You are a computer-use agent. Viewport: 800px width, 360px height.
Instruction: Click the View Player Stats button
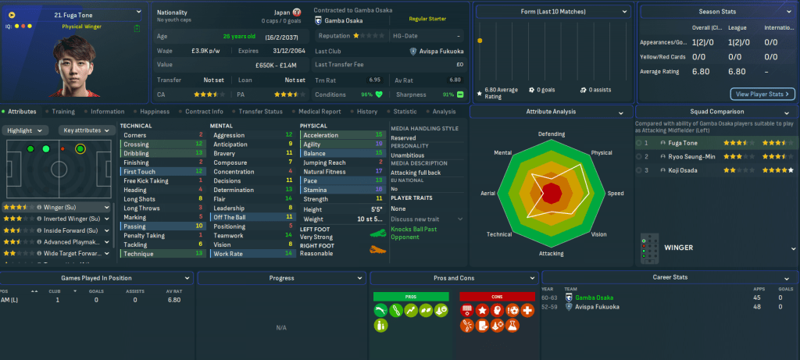[x=762, y=94]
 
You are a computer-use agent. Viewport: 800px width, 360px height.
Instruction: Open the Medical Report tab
[x=319, y=112]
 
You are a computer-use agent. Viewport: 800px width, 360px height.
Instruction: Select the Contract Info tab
[x=205, y=112]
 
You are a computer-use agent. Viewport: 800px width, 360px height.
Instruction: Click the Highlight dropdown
[x=27, y=130]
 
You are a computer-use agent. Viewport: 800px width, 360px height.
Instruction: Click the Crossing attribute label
[x=136, y=144]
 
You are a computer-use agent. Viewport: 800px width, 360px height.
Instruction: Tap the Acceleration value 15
[x=379, y=135]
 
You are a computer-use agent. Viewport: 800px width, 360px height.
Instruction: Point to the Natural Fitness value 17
[x=379, y=171]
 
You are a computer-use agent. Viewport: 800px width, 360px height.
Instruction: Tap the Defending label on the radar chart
[x=551, y=134]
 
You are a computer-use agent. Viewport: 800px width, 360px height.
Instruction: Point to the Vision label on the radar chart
[x=598, y=233]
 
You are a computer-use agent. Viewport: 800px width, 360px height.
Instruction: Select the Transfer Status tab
[x=260, y=112]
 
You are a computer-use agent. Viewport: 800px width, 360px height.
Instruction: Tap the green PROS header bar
[x=411, y=297]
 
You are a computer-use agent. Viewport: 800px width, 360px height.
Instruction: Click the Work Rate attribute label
[x=227, y=254]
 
